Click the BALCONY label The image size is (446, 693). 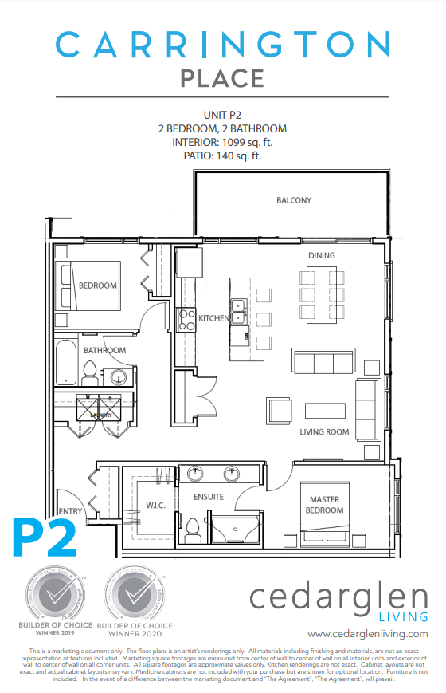click(x=294, y=200)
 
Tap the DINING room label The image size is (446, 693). click(x=322, y=255)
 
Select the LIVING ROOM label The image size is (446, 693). click(x=324, y=432)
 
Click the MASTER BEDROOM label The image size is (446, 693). click(x=324, y=505)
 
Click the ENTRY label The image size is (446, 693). click(x=69, y=511)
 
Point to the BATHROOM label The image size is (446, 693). click(x=105, y=350)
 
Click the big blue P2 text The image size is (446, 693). click(x=44, y=538)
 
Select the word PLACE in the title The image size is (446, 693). click(x=222, y=78)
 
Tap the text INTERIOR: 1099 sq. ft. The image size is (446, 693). click(x=222, y=142)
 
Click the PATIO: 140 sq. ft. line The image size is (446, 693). click(x=222, y=156)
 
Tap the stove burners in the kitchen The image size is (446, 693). click(x=186, y=319)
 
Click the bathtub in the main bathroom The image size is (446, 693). click(x=67, y=363)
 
